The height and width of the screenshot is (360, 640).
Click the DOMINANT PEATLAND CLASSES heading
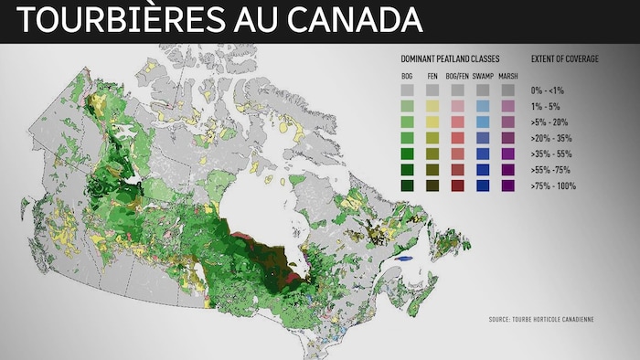click(x=450, y=58)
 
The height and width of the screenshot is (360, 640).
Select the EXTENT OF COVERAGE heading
click(x=565, y=58)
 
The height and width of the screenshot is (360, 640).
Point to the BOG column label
click(x=408, y=75)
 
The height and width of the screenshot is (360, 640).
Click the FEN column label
click(x=432, y=75)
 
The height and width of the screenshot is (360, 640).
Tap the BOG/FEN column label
click(x=458, y=75)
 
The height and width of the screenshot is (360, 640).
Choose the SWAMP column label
click(x=484, y=75)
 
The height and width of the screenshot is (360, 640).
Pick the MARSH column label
click(x=508, y=75)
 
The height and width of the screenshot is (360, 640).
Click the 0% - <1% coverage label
click(x=549, y=90)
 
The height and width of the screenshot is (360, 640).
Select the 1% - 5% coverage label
click(x=546, y=106)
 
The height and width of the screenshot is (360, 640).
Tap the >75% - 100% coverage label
click(x=553, y=185)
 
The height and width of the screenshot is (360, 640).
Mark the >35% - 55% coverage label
click(x=552, y=154)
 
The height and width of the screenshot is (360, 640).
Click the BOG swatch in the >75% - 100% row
click(x=408, y=185)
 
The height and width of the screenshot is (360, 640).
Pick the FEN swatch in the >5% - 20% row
click(x=432, y=122)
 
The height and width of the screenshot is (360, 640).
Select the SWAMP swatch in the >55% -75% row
click(x=484, y=170)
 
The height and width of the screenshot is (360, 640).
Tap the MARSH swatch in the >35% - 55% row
click(x=508, y=154)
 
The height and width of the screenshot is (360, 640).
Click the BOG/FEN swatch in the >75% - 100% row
click(x=458, y=185)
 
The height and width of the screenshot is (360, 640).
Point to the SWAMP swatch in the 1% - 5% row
click(x=484, y=106)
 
